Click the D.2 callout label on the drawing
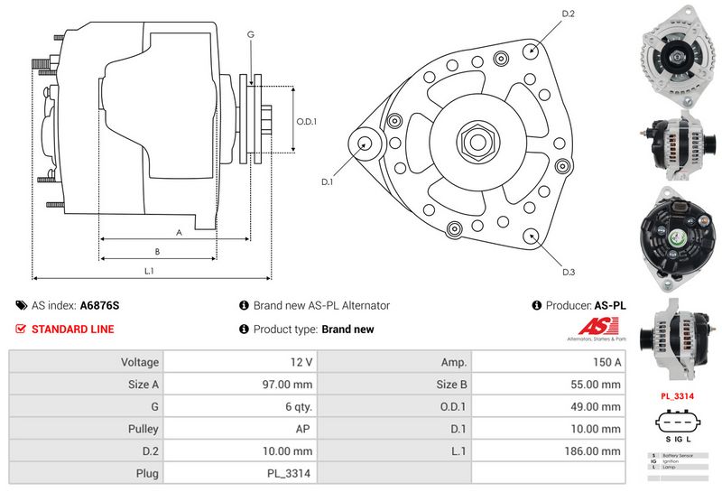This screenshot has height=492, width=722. coord(569,14)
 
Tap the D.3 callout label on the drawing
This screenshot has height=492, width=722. coord(569,272)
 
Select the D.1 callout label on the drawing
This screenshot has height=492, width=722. coord(328,181)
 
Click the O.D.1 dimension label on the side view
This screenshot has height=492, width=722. coord(308,123)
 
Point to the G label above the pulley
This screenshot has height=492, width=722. coord(251,33)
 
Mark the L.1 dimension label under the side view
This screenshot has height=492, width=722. coord(150,271)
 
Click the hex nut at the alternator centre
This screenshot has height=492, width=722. coord(476,141)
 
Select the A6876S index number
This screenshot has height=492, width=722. coord(99,306)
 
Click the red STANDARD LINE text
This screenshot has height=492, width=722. coord(73,330)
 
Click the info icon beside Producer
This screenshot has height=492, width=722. coord(537,306)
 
